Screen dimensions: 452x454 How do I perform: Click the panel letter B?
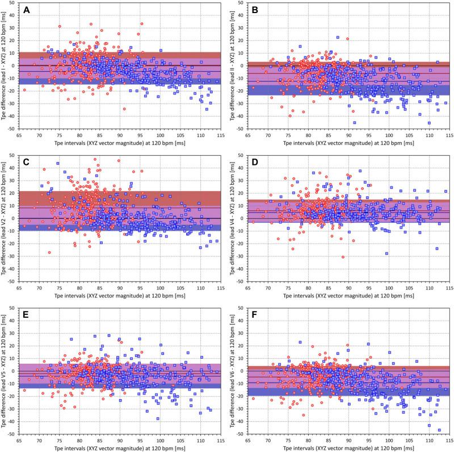click(x=256, y=10)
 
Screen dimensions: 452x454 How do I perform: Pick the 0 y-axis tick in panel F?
click(x=243, y=371)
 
